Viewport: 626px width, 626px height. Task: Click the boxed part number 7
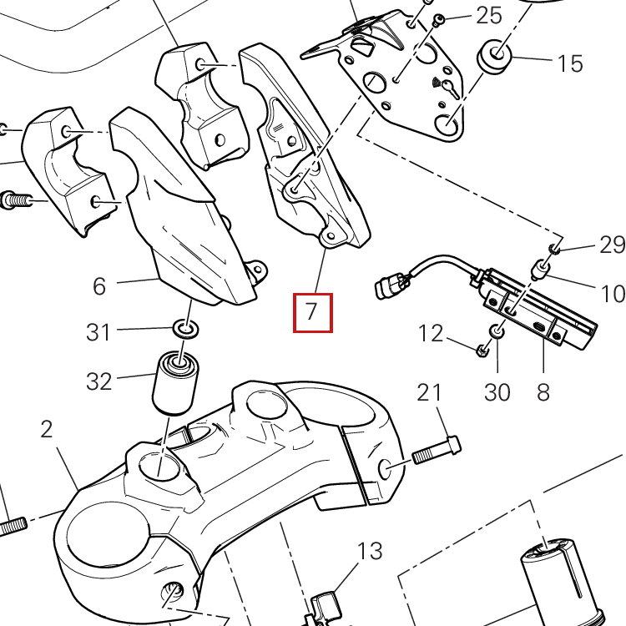click(312, 312)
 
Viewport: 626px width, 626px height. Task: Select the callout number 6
click(99, 286)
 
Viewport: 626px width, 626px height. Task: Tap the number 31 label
click(98, 332)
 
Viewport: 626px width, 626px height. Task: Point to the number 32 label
click(98, 381)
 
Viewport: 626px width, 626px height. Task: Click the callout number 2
click(46, 429)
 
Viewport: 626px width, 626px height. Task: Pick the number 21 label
click(428, 392)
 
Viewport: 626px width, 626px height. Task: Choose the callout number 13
click(370, 551)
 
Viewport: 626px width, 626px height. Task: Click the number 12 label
click(431, 334)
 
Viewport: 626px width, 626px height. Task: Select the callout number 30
click(497, 391)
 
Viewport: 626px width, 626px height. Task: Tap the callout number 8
click(543, 391)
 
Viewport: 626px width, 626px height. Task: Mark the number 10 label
click(612, 293)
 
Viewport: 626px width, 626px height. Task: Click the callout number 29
click(612, 245)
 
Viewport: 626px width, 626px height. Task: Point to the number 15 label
click(570, 63)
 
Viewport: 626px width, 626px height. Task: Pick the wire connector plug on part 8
click(388, 287)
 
